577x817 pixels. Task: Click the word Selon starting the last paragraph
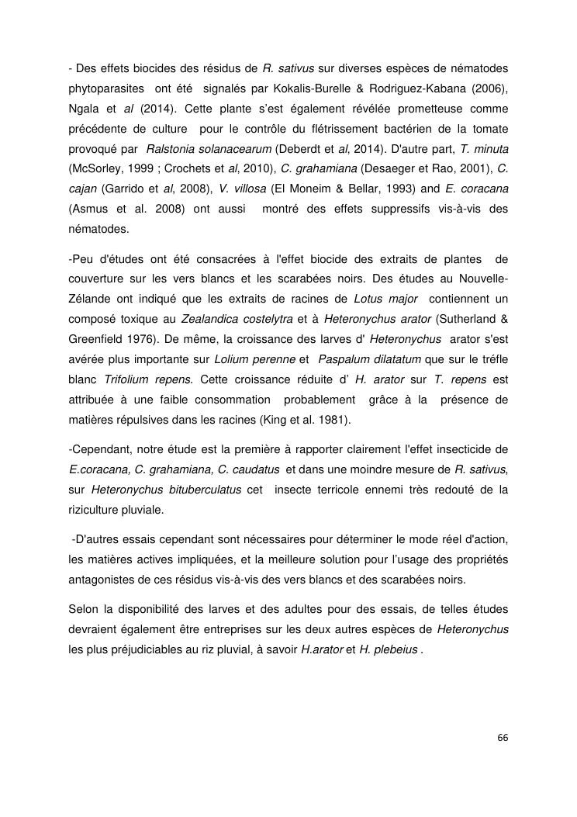click(x=84, y=610)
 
